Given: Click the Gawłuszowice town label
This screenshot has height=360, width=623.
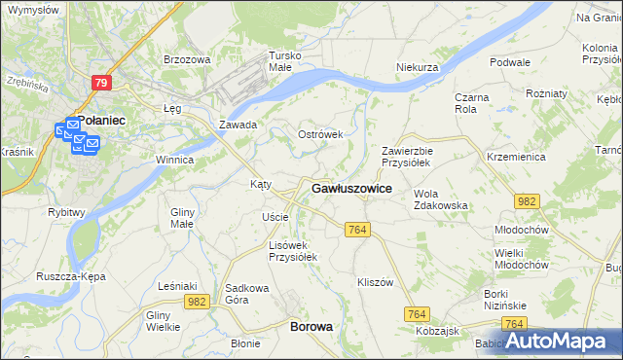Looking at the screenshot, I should [351, 188].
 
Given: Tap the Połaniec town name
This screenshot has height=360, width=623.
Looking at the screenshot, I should [97, 119].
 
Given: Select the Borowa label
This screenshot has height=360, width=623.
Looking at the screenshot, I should [311, 327].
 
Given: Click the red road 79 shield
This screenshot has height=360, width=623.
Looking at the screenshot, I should [102, 84].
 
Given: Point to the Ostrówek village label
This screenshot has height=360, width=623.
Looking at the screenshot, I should [320, 134].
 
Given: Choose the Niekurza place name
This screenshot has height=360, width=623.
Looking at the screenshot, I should [418, 67].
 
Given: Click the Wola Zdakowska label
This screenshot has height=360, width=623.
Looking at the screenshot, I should [441, 199].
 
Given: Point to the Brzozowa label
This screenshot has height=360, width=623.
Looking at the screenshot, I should [187, 59].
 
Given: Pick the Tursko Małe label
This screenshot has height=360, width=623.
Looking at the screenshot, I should [287, 61].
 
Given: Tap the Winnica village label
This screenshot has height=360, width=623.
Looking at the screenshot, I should [175, 160].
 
